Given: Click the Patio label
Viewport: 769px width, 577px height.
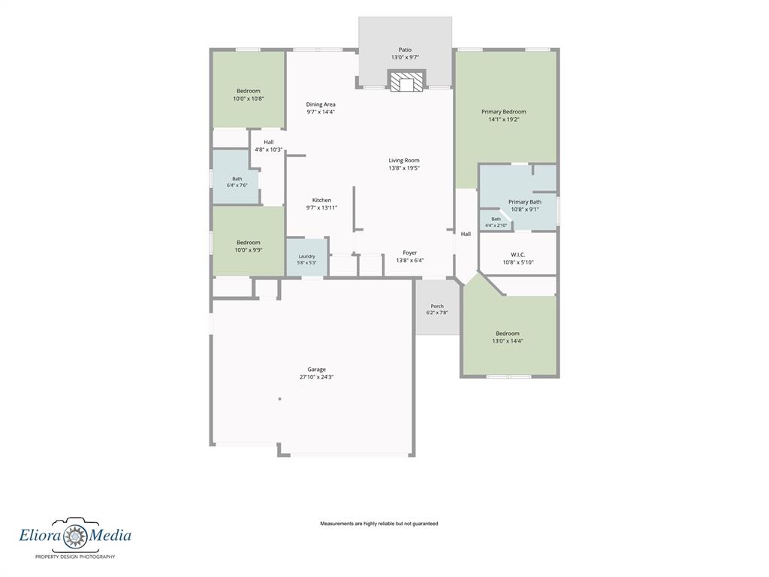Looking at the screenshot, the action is [405, 50].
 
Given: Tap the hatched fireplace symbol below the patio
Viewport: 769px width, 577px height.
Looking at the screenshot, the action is [406, 82].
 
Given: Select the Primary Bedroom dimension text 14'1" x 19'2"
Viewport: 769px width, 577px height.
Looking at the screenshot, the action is [504, 119].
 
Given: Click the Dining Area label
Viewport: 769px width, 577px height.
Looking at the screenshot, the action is [321, 104].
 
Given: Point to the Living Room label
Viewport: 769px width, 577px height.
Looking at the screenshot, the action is [404, 161].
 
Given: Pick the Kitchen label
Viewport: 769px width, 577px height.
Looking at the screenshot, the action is [321, 200].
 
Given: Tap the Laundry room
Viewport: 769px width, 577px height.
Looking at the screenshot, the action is [307, 257].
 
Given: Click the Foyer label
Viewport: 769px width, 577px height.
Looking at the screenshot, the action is [410, 252].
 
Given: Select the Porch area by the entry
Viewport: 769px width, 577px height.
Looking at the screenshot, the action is [437, 307].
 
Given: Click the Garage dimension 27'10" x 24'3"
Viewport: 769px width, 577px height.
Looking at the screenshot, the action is [317, 377].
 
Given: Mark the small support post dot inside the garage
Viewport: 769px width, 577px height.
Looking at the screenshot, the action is [279, 399].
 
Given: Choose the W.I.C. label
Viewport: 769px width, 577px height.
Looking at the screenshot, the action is [518, 255].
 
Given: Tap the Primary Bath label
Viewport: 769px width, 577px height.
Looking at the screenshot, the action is [525, 201].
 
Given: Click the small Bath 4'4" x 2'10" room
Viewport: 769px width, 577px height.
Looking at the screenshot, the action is [496, 221].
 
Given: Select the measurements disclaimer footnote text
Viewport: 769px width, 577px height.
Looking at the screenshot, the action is [379, 524].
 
